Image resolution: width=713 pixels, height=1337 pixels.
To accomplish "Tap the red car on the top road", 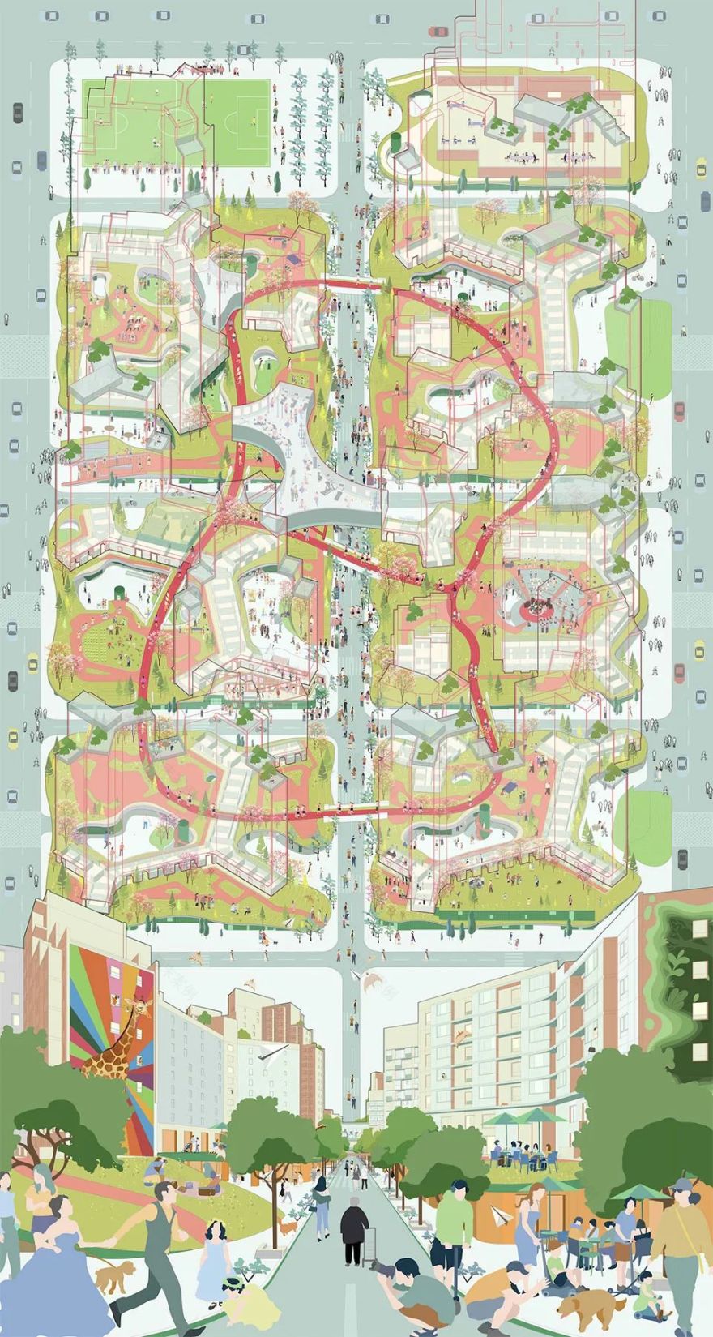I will pyautogui.click(x=438, y=31).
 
